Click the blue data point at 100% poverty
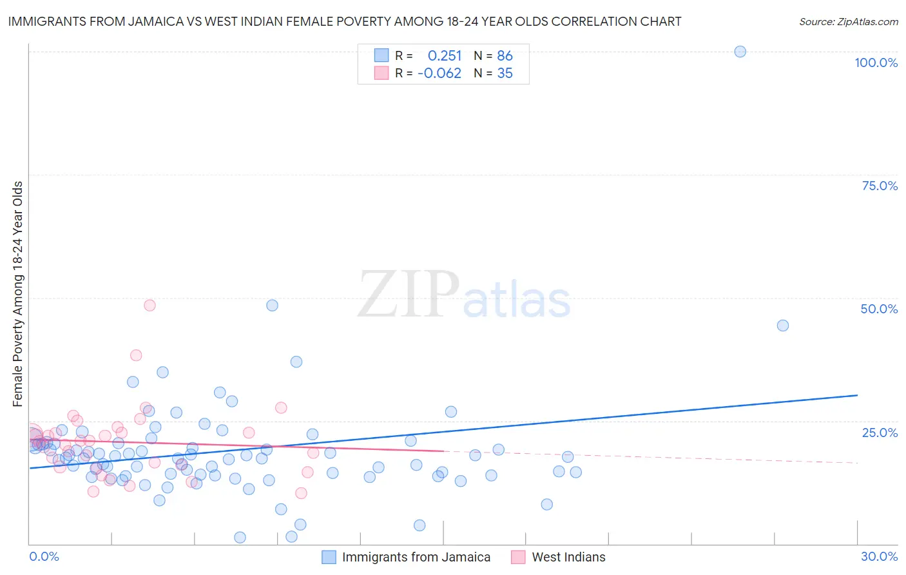[740, 52]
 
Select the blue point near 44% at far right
[782, 326]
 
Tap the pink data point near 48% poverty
[149, 306]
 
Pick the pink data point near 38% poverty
[136, 355]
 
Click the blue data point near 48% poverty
[272, 306]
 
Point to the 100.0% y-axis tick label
[876, 63]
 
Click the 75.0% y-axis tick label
[880, 186]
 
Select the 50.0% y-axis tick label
[879, 309]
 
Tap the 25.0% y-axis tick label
[880, 433]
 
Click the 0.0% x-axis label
[44, 556]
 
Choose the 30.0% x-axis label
[879, 556]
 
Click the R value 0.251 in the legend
[445, 56]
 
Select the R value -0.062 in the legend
[439, 73]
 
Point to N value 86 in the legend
[505, 56]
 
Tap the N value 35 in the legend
[505, 73]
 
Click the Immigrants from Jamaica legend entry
[416, 557]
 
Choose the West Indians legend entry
[568, 557]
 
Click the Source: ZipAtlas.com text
[848, 22]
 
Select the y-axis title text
[18, 294]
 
